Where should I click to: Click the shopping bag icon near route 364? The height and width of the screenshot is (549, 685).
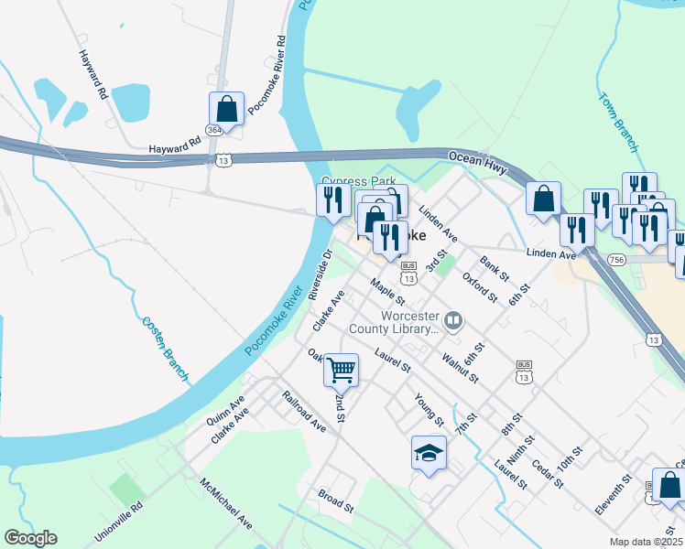[226, 109]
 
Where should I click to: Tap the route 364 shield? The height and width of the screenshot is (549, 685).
[214, 131]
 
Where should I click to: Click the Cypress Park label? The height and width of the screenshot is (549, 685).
[351, 180]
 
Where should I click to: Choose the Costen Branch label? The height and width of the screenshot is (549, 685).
[166, 349]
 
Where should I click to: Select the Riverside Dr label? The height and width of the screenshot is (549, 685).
[320, 274]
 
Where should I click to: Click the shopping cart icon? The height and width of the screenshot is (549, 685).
[341, 370]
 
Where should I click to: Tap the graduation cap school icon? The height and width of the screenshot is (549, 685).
[429, 452]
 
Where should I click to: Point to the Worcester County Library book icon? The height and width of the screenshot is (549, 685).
[455, 320]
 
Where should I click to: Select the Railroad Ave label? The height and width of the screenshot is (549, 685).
[304, 412]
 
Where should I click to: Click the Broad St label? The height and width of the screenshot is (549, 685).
[336, 501]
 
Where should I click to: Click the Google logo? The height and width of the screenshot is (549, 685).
[31, 538]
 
